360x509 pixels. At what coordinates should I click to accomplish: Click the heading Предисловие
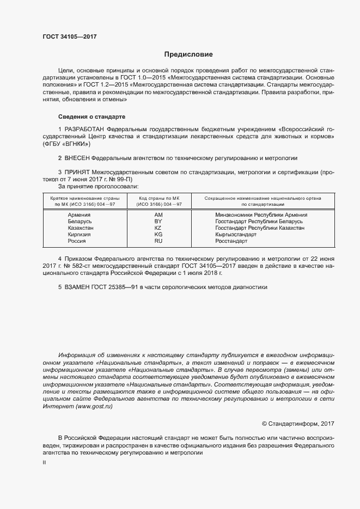point(188,54)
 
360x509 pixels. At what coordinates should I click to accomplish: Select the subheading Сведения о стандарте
point(91,116)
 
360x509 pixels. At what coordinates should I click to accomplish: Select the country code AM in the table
point(158,215)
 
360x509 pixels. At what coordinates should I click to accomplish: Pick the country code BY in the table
point(158,222)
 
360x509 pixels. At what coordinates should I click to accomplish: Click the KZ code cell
point(158,228)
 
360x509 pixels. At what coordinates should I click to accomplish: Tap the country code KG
point(158,234)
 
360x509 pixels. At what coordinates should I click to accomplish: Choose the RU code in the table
point(158,241)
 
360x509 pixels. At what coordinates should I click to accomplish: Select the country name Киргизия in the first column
point(79,234)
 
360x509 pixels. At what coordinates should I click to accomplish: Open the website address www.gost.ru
point(95,406)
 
